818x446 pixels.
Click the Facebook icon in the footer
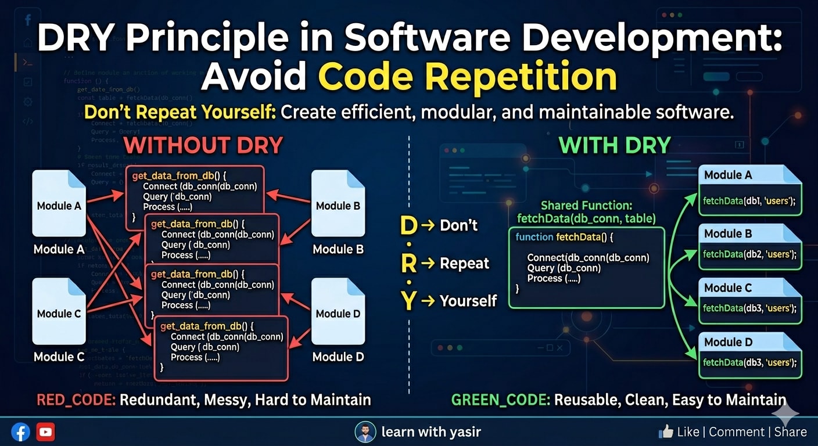[20, 432]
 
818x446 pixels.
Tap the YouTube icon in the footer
[45, 432]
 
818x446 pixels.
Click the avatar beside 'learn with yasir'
[365, 432]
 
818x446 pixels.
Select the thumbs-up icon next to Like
[665, 431]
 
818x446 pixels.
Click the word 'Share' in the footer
[790, 432]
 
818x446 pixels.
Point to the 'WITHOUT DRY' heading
[203, 145]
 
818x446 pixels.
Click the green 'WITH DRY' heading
[615, 145]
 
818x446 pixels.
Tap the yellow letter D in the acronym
[409, 226]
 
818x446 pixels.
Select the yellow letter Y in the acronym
[409, 301]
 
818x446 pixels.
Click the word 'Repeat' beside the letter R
[464, 264]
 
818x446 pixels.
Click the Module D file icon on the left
[338, 311]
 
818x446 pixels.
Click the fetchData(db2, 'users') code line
[749, 254]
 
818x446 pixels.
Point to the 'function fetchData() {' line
[564, 238]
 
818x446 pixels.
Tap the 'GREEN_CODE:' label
[500, 400]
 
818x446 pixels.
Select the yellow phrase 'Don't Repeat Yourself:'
[180, 113]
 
